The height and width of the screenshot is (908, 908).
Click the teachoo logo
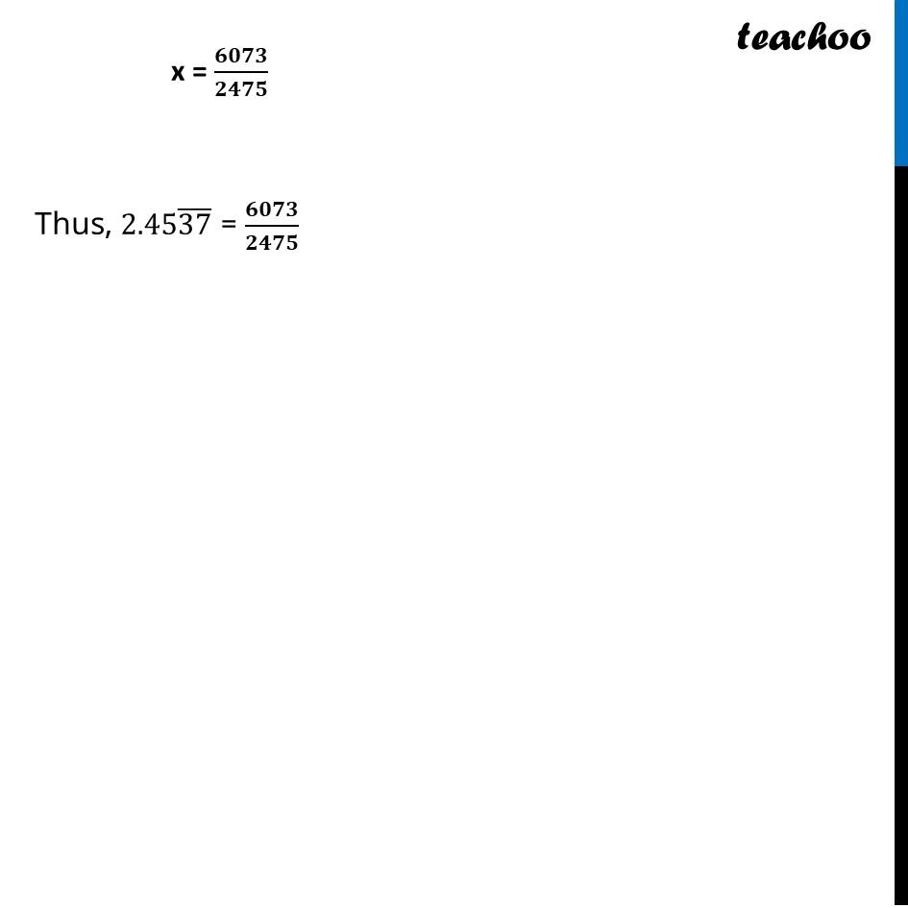803,37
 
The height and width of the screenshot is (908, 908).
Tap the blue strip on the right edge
901,83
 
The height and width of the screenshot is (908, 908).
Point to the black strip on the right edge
901,537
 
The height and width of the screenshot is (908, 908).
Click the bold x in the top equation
178,73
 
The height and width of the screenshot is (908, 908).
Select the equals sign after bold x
199,73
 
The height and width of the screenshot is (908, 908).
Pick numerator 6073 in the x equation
241,56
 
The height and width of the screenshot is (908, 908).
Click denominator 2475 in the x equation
241,89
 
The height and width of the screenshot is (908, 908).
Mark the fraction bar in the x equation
241,72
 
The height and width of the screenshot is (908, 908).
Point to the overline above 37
194,209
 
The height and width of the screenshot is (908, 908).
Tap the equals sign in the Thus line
229,224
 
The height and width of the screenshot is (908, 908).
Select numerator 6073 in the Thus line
272,209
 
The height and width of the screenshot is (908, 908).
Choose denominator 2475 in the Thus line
272,243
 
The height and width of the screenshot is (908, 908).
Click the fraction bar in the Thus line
272,226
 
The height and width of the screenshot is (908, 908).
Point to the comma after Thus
108,234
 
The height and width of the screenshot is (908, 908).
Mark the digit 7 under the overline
203,224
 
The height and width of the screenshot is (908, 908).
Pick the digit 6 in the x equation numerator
221,56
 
